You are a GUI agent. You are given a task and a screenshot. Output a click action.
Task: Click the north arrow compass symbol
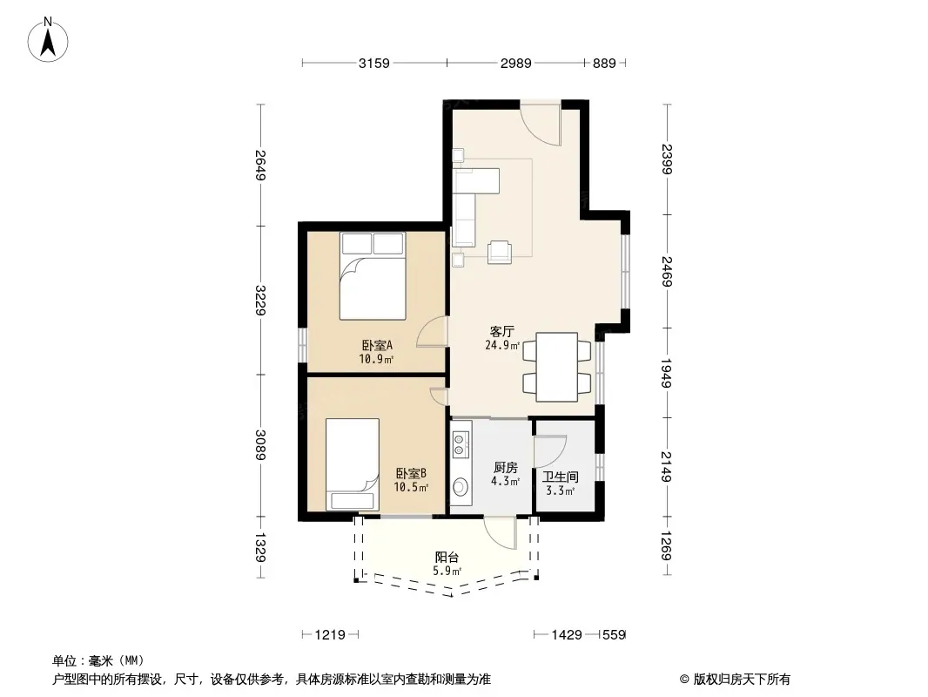(47, 40)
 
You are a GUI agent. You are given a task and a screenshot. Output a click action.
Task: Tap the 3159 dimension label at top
(374, 63)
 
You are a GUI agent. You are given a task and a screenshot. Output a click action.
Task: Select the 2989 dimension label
(516, 63)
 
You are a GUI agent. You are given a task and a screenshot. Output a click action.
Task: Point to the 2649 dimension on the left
(260, 166)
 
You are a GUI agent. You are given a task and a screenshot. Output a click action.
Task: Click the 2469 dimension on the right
(667, 271)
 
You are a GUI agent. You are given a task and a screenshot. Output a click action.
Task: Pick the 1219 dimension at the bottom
(330, 635)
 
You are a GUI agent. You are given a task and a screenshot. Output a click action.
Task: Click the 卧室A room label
(377, 345)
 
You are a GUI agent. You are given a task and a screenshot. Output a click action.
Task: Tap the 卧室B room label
(411, 474)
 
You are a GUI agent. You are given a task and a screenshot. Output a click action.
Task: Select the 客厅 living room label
(502, 331)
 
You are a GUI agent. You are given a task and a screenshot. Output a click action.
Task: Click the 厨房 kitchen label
(506, 467)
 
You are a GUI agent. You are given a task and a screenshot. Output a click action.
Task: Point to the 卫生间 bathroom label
(560, 477)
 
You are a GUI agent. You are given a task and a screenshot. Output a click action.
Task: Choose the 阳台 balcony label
(447, 558)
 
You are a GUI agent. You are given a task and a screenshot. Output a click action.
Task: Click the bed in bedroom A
(373, 276)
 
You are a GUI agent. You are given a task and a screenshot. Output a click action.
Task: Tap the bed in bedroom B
(353, 464)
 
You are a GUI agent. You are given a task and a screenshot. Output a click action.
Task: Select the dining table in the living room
(557, 367)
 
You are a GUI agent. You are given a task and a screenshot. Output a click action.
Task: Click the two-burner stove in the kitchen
(460, 444)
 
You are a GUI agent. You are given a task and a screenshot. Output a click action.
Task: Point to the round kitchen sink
(460, 487)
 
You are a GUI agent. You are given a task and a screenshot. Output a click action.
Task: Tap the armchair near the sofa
(500, 252)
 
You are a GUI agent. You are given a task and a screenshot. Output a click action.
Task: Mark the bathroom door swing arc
(550, 451)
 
